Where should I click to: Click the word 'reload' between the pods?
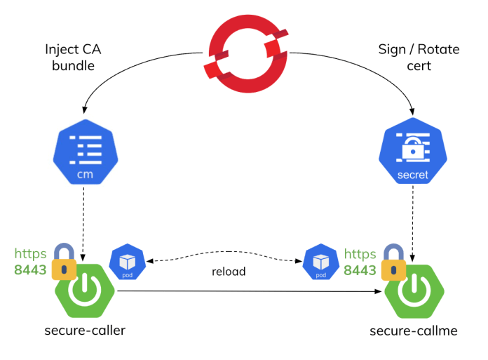229,271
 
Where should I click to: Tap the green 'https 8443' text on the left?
31,261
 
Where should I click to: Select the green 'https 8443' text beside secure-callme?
360,261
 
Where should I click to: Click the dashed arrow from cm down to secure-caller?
83,218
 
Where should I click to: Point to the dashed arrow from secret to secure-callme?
412,218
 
